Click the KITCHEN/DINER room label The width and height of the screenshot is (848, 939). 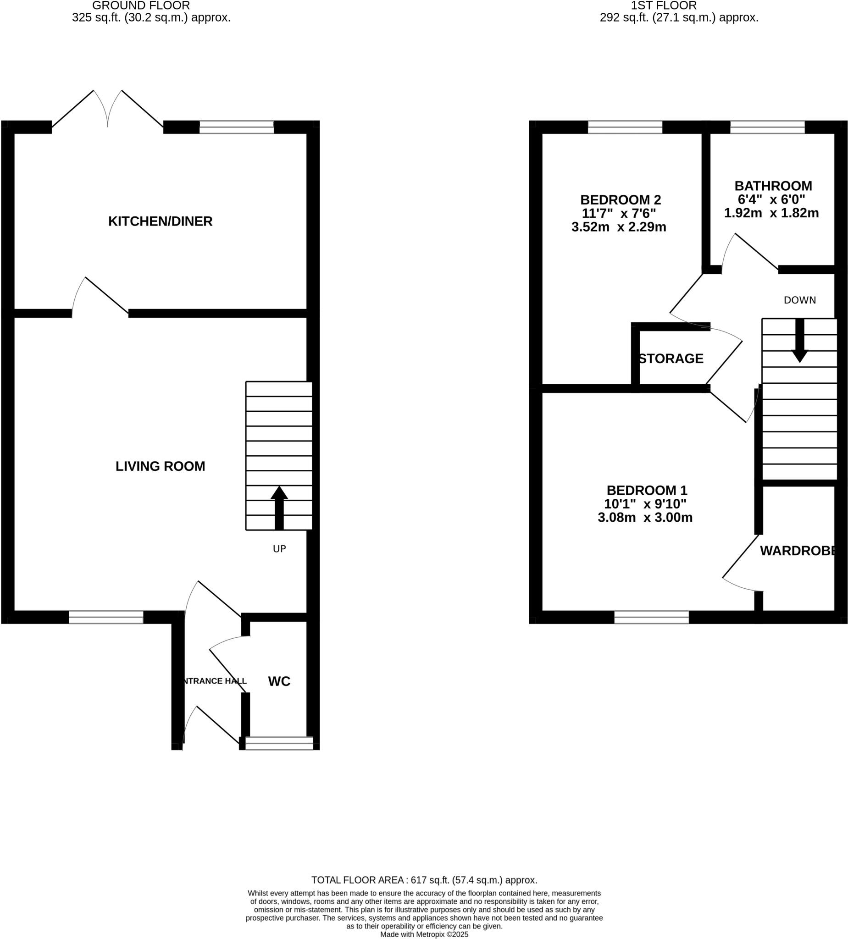[x=160, y=221]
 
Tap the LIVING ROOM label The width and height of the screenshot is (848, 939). [x=160, y=466]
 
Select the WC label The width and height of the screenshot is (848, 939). [x=279, y=681]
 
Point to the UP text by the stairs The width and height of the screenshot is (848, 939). [x=279, y=549]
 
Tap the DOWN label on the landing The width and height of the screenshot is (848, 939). [x=799, y=300]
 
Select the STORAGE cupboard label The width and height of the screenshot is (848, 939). [x=671, y=359]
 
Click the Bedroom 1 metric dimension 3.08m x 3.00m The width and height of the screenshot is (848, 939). [x=645, y=518]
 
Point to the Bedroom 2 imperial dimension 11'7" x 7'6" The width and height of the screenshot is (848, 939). [x=619, y=213]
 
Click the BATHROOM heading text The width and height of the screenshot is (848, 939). [x=773, y=186]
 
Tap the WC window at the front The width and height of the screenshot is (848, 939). [x=279, y=743]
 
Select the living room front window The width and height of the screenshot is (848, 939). [x=106, y=617]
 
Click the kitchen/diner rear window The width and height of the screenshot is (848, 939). [x=236, y=127]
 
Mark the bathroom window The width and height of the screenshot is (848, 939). [x=767, y=127]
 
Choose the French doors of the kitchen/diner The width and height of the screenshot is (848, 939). [x=108, y=110]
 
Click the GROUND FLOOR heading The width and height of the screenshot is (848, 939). [x=141, y=6]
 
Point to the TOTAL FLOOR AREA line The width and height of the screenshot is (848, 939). [x=424, y=880]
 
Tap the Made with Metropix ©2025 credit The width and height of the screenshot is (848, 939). [x=424, y=934]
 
